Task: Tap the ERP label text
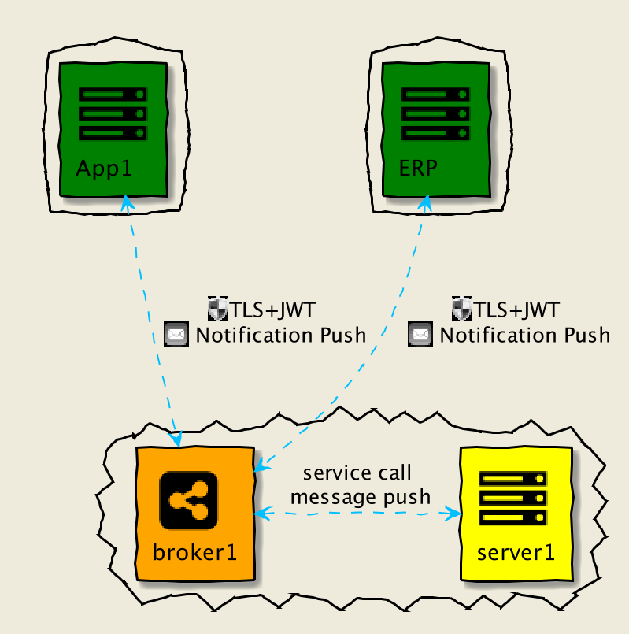point(417,169)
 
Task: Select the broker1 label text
point(194,551)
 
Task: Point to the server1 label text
point(516,551)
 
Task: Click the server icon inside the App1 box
point(113,113)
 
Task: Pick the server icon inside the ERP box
point(435,113)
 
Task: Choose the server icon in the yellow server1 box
point(513,498)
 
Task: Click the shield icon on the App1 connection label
point(217,308)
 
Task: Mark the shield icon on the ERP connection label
point(461,308)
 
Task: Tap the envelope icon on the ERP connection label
point(420,335)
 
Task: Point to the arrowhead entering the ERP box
point(424,202)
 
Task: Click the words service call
point(357,473)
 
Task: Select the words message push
point(360,496)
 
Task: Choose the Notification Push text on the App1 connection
point(280,335)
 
